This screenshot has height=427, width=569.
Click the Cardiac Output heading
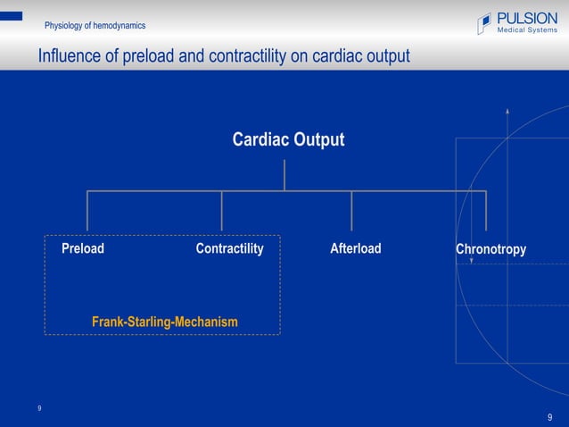click(x=288, y=140)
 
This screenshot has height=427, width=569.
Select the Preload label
click(x=82, y=248)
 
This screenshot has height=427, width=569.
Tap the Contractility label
click(x=229, y=248)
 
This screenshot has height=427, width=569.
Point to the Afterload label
click(x=355, y=248)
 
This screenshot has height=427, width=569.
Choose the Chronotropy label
click(x=491, y=249)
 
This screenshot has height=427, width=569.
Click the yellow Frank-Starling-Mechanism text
click(x=164, y=321)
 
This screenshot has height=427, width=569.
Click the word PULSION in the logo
click(x=527, y=19)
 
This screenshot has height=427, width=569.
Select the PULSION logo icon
click(x=484, y=24)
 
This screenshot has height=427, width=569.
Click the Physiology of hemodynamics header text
click(x=95, y=26)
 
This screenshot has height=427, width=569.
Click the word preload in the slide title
click(x=148, y=57)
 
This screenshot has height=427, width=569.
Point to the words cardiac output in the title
click(x=359, y=57)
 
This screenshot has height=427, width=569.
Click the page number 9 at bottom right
click(x=550, y=417)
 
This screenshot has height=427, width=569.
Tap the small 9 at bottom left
click(x=39, y=408)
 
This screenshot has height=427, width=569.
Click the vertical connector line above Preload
click(x=87, y=211)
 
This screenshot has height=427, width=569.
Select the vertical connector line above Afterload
click(x=351, y=211)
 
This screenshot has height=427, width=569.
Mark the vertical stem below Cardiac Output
click(x=284, y=175)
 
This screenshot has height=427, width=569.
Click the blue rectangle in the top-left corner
click(x=11, y=15)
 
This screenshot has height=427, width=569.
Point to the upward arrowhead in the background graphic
click(x=507, y=111)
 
